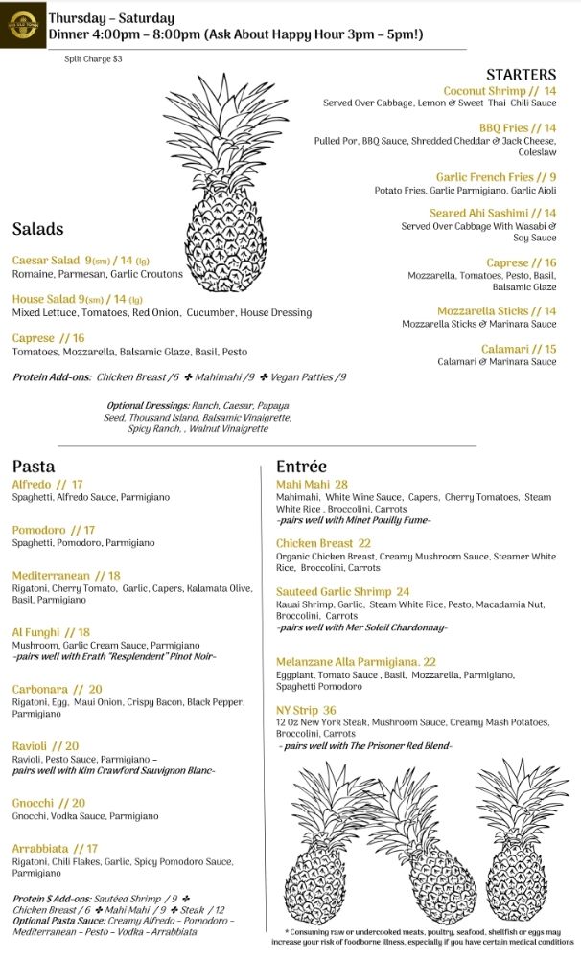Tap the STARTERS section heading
click(x=521, y=75)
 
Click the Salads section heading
click(x=38, y=229)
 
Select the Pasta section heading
click(x=34, y=467)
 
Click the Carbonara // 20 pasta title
click(x=57, y=689)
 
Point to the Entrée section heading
click(x=302, y=467)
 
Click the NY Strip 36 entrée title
click(x=306, y=710)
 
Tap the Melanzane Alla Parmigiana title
click(x=356, y=662)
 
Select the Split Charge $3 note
click(x=92, y=59)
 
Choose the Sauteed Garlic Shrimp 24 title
click(x=342, y=592)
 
